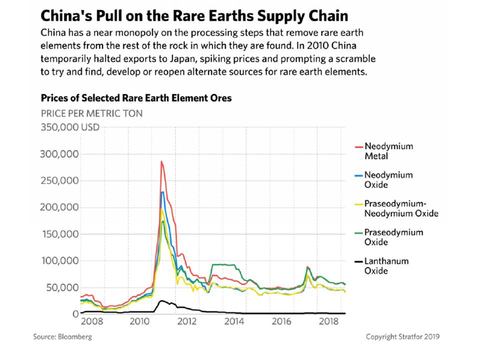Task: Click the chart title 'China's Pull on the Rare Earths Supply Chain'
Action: click(x=194, y=15)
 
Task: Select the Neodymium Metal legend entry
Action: click(x=388, y=151)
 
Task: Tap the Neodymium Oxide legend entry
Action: click(x=388, y=179)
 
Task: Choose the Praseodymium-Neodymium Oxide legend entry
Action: click(x=401, y=208)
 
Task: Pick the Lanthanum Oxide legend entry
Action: click(x=386, y=265)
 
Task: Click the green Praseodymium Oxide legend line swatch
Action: click(x=357, y=233)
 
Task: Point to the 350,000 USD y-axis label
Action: click(x=70, y=127)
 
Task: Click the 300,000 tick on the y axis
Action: click(x=58, y=154)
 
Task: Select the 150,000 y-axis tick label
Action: click(x=58, y=234)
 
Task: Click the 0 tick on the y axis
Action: click(x=74, y=314)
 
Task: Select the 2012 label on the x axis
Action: click(x=186, y=321)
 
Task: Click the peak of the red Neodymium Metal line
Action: click(x=161, y=161)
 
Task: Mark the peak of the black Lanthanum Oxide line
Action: click(x=161, y=300)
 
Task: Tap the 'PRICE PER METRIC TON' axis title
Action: click(x=91, y=113)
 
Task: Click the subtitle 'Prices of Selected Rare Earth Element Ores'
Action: click(x=136, y=98)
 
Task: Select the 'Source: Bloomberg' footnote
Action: click(x=62, y=336)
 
